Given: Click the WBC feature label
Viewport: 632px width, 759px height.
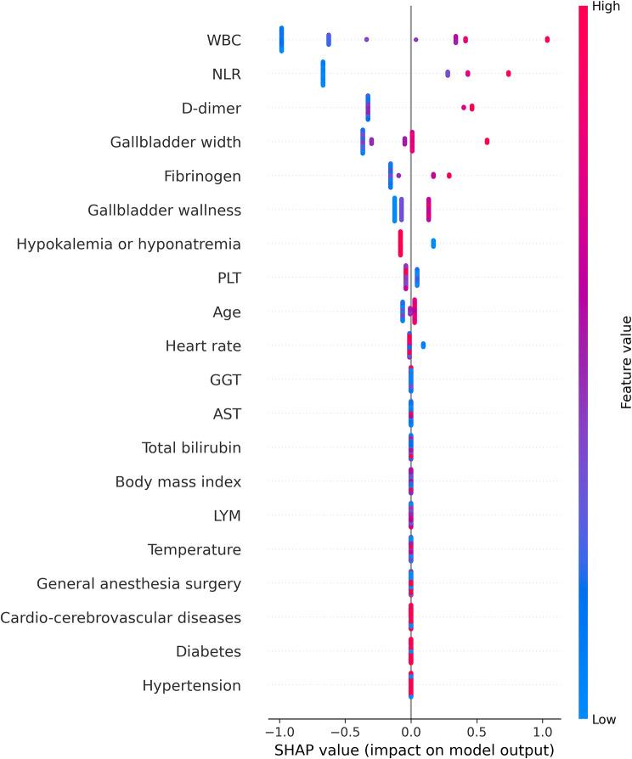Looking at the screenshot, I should [x=223, y=40].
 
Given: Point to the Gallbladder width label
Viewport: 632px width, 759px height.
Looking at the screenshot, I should [x=176, y=142].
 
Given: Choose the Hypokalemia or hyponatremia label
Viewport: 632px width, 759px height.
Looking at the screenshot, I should [x=129, y=244].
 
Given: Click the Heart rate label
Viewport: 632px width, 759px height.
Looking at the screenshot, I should [x=203, y=346].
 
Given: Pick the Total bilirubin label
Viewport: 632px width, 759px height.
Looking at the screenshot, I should [x=191, y=447].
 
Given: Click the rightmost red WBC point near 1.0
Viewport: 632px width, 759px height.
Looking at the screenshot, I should [x=547, y=40].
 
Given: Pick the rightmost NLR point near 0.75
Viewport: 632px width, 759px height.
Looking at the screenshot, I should [x=508, y=74].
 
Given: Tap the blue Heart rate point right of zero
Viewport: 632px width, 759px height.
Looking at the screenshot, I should [x=423, y=345].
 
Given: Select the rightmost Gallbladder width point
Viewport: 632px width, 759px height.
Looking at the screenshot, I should [x=487, y=141].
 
